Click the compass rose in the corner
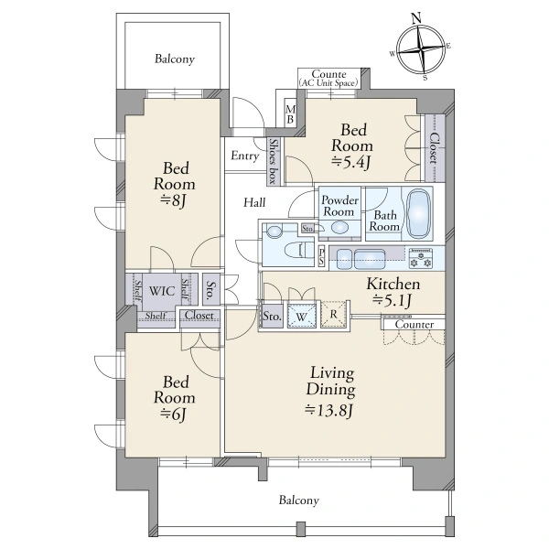421,48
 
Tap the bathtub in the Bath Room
419,213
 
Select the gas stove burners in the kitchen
421,258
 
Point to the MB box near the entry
290,114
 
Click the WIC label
161,291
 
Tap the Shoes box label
273,161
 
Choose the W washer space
301,317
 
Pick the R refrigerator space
333,314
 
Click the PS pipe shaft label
321,256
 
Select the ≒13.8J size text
328,410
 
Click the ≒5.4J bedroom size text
351,163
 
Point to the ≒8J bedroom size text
173,200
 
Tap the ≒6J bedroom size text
173,414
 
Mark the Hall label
254,202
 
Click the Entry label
244,156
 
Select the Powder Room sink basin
339,228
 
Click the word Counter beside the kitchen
414,325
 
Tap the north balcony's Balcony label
175,59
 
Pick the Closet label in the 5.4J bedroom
434,148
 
